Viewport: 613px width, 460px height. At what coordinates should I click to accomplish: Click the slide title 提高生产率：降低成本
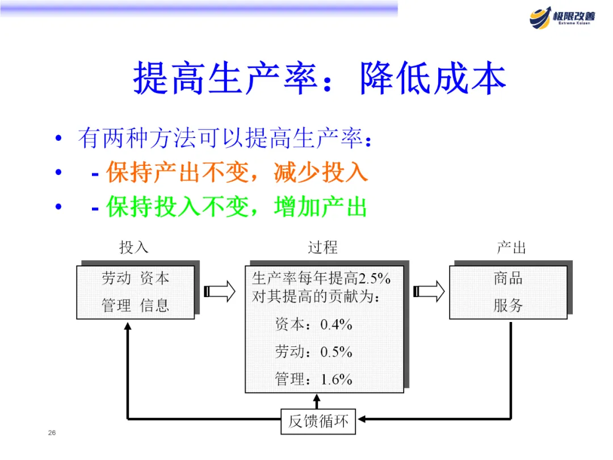coord(320,78)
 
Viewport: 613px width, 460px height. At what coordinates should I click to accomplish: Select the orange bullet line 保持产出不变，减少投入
coord(237,173)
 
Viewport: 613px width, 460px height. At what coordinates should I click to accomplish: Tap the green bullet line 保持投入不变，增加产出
coord(237,207)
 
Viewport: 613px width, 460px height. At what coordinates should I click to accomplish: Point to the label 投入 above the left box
coord(134,248)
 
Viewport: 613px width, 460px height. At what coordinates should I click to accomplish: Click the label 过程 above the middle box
coord(322,248)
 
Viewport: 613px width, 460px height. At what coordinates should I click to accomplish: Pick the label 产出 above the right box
coord(511,248)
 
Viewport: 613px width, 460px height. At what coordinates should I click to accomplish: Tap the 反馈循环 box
coord(318,421)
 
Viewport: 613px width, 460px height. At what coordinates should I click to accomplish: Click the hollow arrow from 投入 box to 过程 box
coord(220,291)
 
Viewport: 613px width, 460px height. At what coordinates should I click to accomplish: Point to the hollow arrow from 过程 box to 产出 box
coord(429,291)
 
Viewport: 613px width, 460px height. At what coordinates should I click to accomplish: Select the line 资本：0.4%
coord(313,325)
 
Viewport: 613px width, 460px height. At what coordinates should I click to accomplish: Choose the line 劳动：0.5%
coord(313,352)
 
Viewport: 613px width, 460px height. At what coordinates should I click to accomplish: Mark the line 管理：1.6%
coord(313,379)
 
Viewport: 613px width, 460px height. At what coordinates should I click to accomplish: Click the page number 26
coord(52,433)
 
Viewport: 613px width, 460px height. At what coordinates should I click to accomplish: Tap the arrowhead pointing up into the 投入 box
coord(128,326)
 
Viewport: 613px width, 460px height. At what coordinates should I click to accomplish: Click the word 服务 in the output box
coord(508,306)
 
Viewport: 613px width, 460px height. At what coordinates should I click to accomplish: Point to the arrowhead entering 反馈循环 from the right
coord(362,420)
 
